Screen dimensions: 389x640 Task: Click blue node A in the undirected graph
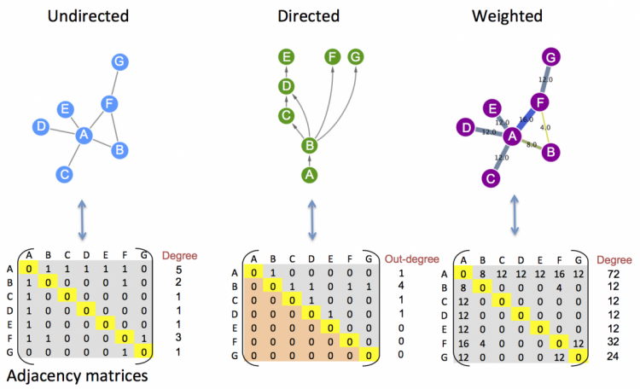pyautogui.click(x=84, y=135)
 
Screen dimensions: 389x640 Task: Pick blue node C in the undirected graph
pyautogui.click(x=61, y=174)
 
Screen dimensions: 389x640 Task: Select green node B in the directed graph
pyautogui.click(x=310, y=146)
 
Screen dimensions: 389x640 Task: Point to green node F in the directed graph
pyautogui.click(x=332, y=57)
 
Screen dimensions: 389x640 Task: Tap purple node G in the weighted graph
pyautogui.click(x=551, y=57)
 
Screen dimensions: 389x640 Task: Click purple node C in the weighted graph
pyautogui.click(x=489, y=178)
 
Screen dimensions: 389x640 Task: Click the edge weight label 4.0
pyautogui.click(x=544, y=127)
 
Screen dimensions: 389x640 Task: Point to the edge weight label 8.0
pyautogui.click(x=531, y=145)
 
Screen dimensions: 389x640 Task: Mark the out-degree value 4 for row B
pyautogui.click(x=401, y=287)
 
